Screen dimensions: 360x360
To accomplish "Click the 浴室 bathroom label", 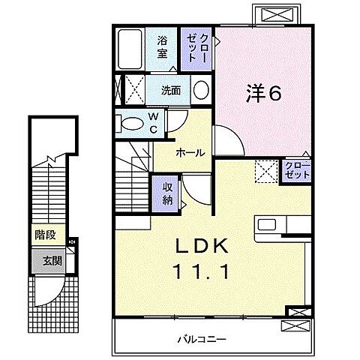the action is [162, 47].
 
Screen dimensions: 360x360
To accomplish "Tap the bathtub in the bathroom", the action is [130, 49].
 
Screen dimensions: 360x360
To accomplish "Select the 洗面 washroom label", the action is [171, 91].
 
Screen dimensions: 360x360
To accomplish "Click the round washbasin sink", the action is [201, 90].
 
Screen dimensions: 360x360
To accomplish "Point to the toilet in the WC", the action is [130, 123].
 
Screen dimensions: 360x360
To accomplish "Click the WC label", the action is [154, 123].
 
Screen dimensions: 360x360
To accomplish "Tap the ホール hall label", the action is [190, 152].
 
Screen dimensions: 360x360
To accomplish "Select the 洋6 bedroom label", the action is [263, 93].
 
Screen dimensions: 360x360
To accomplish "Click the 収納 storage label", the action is [167, 193].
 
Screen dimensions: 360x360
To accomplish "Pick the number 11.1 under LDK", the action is [201, 272].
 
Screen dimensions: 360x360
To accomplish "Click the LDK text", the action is [202, 245].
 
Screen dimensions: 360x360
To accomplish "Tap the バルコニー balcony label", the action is [202, 339].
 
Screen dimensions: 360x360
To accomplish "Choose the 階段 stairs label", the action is [45, 235].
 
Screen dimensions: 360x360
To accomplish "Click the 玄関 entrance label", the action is [52, 261].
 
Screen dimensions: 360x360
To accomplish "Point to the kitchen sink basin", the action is [267, 224].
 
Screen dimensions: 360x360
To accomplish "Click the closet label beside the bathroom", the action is [197, 47].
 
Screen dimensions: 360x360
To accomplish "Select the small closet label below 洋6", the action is [297, 170].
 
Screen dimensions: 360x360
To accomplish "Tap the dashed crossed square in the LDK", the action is [266, 172].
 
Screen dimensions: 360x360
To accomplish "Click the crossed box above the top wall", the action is [277, 14].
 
